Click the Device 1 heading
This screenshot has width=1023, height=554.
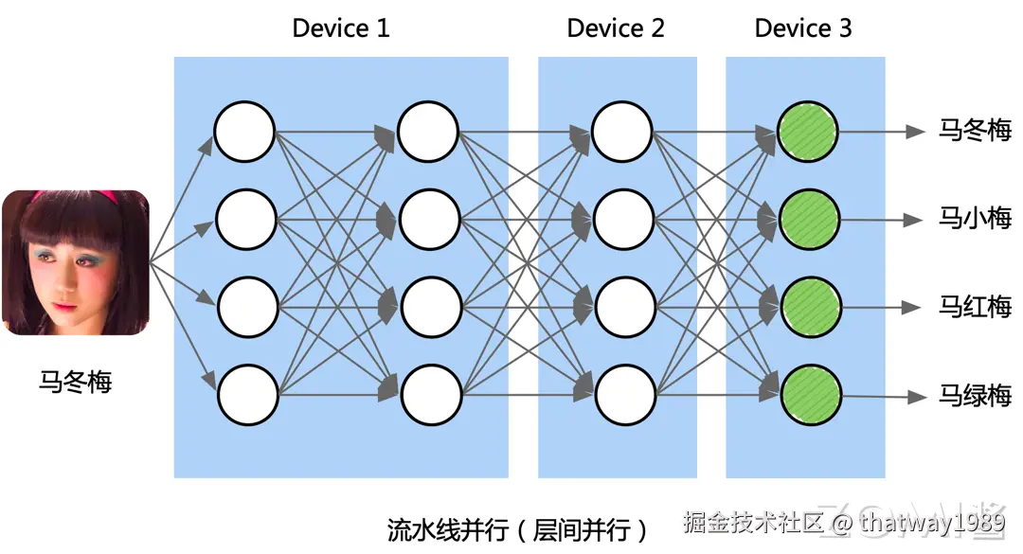340,28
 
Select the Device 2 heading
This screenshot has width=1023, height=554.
616,28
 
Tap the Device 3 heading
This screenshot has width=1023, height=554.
803,28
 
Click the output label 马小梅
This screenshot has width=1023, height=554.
975,219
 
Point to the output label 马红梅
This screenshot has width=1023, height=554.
975,307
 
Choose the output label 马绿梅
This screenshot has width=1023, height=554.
975,396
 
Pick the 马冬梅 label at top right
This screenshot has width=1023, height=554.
975,131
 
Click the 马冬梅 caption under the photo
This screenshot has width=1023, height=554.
75,382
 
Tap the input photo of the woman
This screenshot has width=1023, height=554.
75,262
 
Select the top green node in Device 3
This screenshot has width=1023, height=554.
808,131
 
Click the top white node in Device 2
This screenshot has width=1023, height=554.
622,131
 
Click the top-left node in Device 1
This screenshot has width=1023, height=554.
244,131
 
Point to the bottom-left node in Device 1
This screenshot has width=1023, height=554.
248,395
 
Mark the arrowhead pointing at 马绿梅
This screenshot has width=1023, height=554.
915,397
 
